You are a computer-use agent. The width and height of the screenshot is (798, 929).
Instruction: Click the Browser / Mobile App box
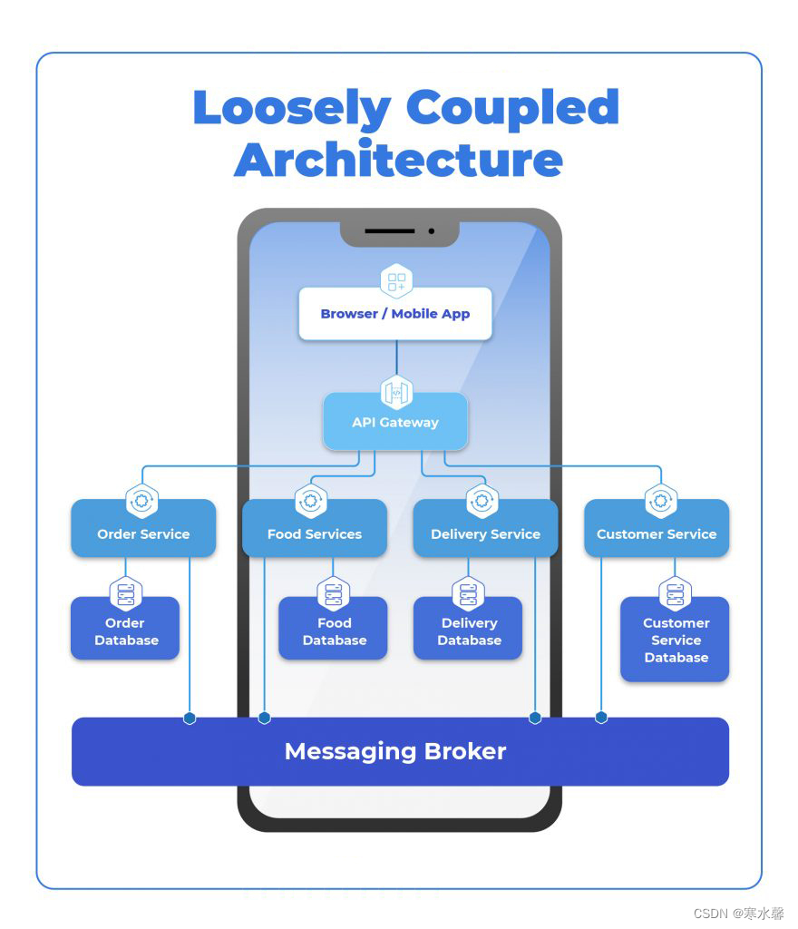pos(395,315)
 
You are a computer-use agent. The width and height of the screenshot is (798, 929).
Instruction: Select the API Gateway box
pos(395,423)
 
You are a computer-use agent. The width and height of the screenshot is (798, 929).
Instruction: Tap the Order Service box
pos(143,533)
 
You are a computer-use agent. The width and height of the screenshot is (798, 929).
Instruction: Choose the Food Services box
pos(315,533)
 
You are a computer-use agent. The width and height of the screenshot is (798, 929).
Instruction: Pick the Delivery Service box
pos(485,533)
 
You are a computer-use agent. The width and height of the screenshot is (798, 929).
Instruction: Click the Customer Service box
pos(657,533)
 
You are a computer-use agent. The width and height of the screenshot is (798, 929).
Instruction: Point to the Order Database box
pos(125,631)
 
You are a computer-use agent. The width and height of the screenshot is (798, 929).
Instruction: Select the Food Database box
pos(334,631)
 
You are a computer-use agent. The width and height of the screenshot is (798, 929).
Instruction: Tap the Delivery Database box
pos(469,631)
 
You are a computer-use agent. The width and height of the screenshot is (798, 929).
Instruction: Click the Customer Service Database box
pos(676,641)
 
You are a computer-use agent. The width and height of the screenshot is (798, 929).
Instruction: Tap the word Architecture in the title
pos(399,160)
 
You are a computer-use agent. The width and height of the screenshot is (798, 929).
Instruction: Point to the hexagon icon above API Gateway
pos(396,392)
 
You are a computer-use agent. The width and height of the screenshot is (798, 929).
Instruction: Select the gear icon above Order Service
pos(142,500)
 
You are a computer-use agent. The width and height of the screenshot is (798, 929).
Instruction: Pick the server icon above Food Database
pos(334,594)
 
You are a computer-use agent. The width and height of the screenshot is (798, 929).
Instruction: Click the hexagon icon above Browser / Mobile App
pos(396,282)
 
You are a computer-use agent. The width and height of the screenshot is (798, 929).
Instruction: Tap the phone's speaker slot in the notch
pos(390,231)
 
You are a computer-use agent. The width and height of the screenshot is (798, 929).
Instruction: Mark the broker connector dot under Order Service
pos(190,719)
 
